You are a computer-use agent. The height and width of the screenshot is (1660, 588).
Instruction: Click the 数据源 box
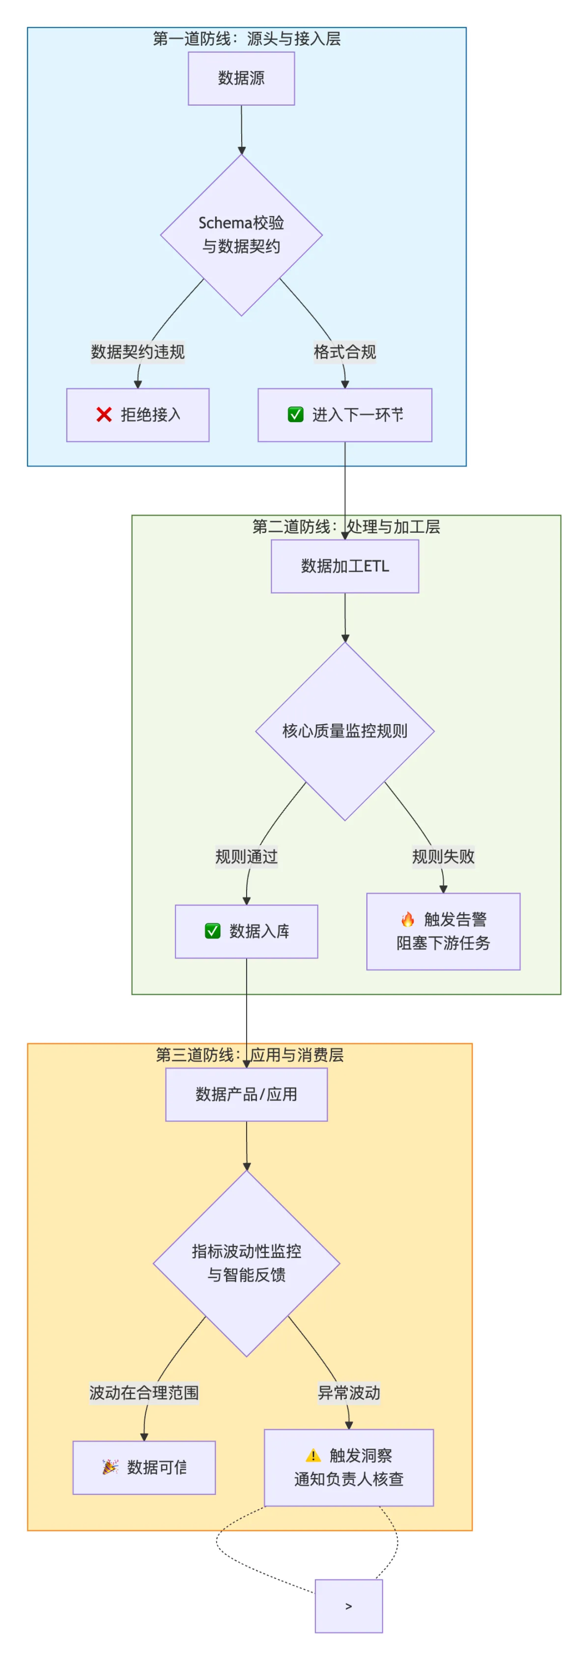point(241,78)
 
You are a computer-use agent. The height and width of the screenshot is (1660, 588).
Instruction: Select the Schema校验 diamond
point(241,235)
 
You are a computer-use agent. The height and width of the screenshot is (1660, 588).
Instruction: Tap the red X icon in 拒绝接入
point(104,415)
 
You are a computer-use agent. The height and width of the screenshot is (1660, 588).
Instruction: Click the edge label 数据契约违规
point(137,352)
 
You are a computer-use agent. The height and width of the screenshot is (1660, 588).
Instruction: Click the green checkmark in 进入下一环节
point(295,415)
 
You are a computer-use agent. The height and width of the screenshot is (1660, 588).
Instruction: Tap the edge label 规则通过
point(246,856)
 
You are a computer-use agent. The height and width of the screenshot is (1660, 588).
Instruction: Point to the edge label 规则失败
point(443,856)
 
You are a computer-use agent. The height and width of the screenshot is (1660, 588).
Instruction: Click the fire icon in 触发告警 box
point(407,919)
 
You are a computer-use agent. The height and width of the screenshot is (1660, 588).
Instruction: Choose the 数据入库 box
point(246,931)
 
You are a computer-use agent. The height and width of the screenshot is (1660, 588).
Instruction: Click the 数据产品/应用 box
point(246,1094)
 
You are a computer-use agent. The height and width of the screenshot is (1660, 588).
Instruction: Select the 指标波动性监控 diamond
point(246,1263)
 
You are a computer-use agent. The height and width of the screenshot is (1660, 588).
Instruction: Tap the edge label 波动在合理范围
point(144,1392)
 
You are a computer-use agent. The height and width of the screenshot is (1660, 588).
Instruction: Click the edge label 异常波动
point(349,1392)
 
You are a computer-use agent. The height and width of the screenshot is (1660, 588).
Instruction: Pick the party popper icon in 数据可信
point(110,1467)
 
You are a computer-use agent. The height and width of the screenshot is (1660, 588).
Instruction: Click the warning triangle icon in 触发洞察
point(313,1456)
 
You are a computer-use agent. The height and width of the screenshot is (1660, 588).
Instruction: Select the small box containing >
point(349,1606)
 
